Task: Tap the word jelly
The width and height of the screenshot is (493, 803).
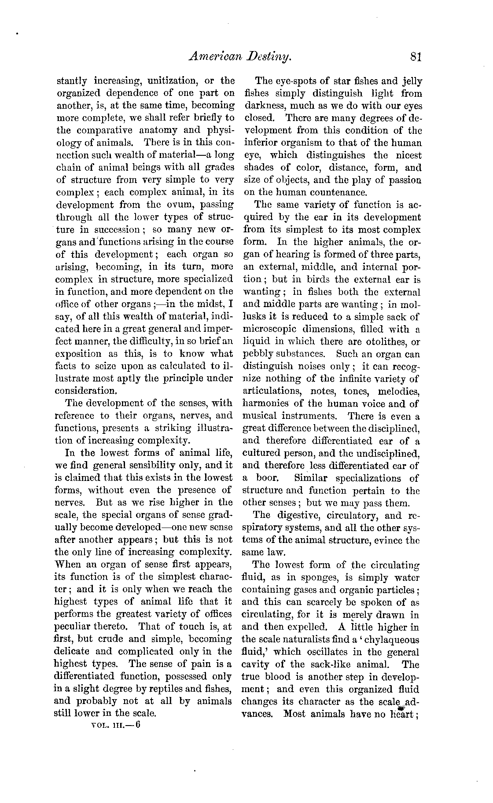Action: (412, 81)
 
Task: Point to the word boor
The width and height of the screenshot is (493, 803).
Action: (267, 478)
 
